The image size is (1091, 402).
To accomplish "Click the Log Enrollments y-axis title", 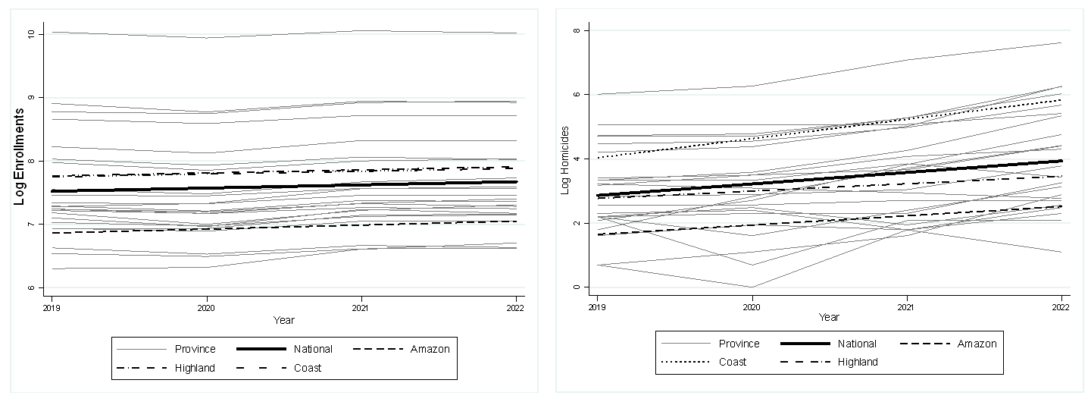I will click(x=20, y=156).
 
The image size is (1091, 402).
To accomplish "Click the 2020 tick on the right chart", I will click(x=752, y=308).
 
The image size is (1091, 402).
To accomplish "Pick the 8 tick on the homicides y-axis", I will click(x=577, y=30).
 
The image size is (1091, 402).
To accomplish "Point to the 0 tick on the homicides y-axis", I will click(x=577, y=287).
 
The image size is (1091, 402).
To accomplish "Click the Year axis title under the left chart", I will click(x=284, y=321).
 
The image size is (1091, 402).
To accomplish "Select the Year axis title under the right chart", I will click(x=829, y=316).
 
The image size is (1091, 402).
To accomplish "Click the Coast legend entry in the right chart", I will click(x=732, y=362).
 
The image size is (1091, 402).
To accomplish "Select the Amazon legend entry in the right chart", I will click(x=976, y=344).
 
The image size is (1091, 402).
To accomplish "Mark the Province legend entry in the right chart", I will click(x=739, y=344).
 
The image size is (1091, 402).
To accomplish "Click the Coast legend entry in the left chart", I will click(x=308, y=368).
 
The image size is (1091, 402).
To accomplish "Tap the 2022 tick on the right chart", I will click(x=1061, y=308).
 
